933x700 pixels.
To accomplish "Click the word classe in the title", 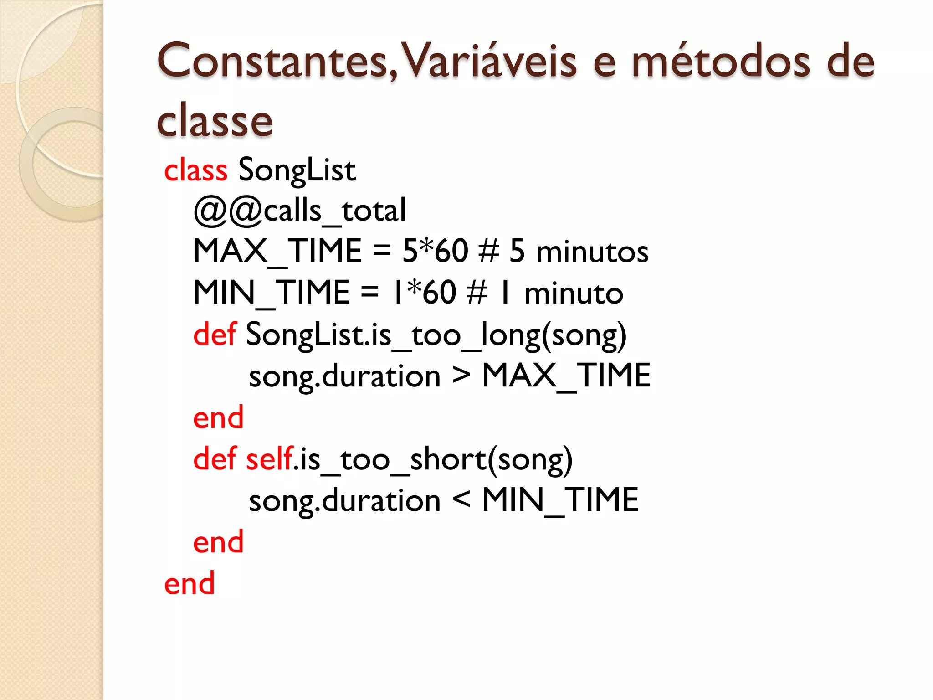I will (x=215, y=121).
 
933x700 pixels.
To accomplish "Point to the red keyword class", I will (x=195, y=170).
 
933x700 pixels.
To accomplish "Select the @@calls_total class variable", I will (x=299, y=211).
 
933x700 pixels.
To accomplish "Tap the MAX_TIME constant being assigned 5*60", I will (x=277, y=252).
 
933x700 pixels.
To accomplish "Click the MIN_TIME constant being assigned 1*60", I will (x=271, y=293).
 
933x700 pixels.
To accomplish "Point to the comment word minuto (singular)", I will (x=574, y=294).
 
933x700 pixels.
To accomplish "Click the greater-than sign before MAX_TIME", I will (x=461, y=376).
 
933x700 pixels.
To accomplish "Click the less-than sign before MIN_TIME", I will (x=461, y=500).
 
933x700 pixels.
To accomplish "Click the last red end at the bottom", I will (x=189, y=583).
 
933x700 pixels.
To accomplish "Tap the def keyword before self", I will (x=215, y=459).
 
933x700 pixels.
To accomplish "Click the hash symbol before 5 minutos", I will (x=489, y=251).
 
